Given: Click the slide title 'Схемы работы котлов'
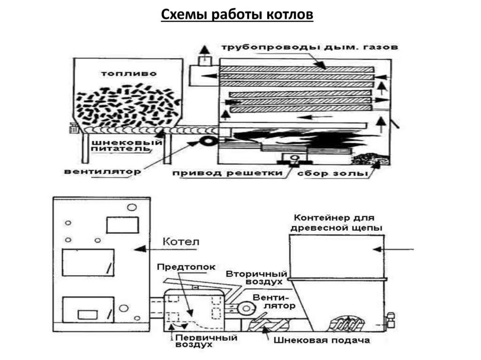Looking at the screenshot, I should coord(237,15).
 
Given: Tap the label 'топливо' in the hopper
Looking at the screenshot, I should coord(129,74).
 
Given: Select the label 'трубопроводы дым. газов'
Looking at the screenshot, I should coord(310,47).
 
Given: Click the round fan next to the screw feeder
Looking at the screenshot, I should coord(207,141).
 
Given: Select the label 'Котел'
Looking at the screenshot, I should coord(181,242).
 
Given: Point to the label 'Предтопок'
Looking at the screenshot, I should coord(186,267).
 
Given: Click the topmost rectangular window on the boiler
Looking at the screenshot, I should coord(122,225).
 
